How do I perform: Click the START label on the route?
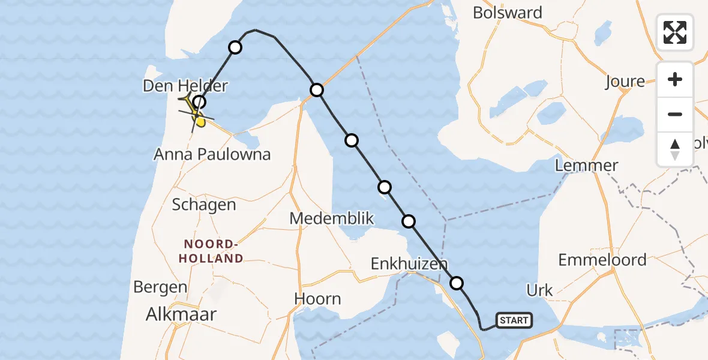click(x=514, y=320)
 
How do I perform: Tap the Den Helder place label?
click(x=185, y=86)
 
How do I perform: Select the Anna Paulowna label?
click(x=212, y=154)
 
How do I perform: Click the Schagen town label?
click(x=204, y=205)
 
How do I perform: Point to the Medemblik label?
click(x=332, y=218)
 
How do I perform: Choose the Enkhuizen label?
click(x=409, y=264)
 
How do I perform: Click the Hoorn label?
click(x=318, y=299)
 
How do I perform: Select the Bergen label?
click(x=160, y=287)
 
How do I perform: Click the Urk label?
click(x=539, y=291)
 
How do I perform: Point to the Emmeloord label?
click(x=602, y=260)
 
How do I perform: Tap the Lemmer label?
click(x=586, y=166)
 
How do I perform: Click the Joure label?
click(x=625, y=82)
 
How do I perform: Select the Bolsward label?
click(x=508, y=13)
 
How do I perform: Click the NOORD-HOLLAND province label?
click(x=214, y=251)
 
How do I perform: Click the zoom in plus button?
click(x=675, y=79)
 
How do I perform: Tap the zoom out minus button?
click(x=675, y=114)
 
